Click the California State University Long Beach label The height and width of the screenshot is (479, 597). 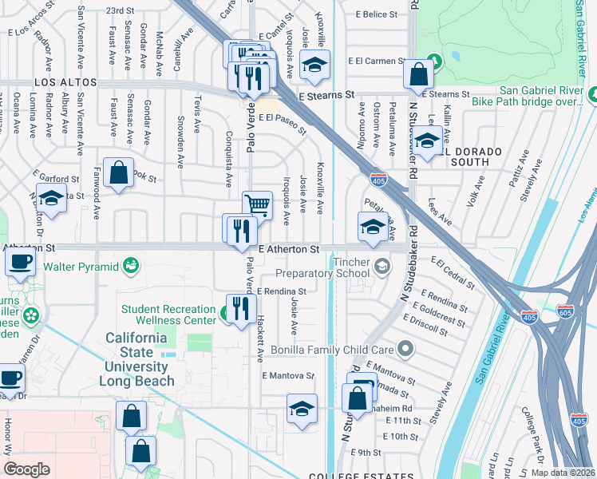pos(140,359)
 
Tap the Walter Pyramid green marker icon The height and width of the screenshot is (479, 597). pos(131,263)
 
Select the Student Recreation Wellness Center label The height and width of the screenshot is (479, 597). pos(168,315)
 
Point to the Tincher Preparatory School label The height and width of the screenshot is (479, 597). pos(335,267)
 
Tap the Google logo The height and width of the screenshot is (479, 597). pos(26,469)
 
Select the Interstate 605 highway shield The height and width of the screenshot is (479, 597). pos(565,311)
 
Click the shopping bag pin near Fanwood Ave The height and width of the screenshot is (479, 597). pos(118,172)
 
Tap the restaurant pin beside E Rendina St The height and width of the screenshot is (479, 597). pos(240,308)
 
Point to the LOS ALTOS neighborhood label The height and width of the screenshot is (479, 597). pos(65,82)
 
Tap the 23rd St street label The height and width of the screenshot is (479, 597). pos(120,10)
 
